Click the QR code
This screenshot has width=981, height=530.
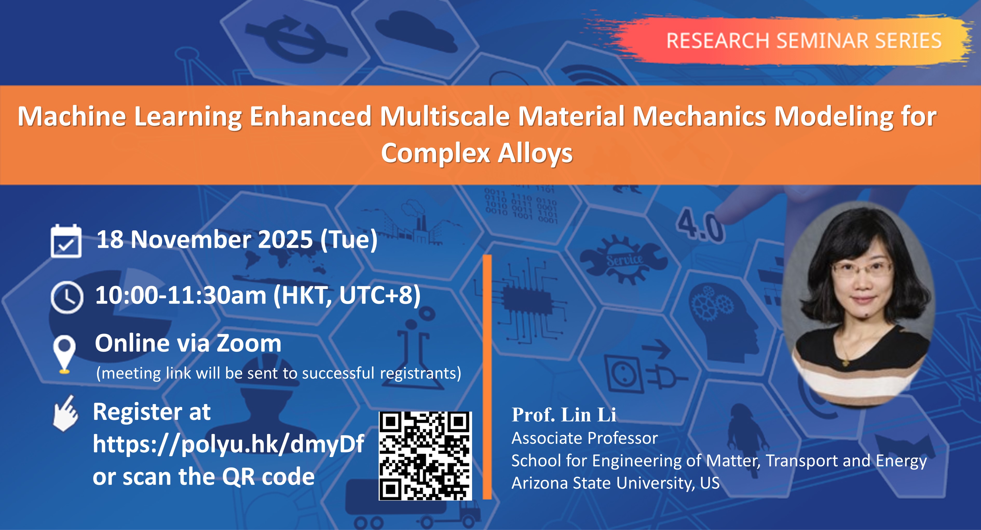pos(425,456)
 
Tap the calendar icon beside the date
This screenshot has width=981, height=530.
pos(66,241)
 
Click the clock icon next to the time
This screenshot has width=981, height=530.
pos(67,297)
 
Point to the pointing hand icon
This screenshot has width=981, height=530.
pos(65,414)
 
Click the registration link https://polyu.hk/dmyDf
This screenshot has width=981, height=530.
pos(228,444)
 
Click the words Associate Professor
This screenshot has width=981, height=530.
pos(584,438)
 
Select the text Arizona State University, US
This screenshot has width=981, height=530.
pos(615,483)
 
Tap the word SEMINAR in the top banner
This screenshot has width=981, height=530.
pos(822,41)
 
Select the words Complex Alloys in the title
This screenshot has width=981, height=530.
pos(477,153)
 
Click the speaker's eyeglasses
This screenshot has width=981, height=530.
pos(861,269)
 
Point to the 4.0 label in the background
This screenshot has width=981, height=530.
pos(700,227)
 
